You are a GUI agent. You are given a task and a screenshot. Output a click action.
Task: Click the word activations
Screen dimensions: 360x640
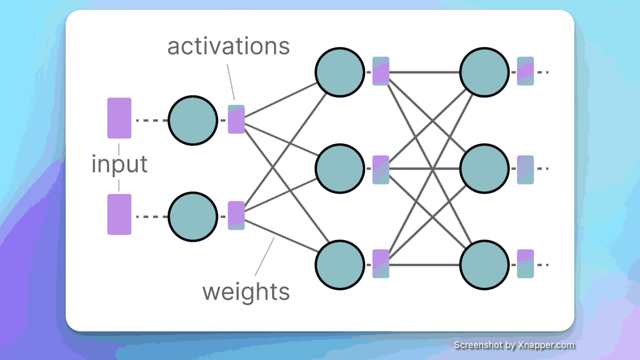pyautogui.click(x=228, y=46)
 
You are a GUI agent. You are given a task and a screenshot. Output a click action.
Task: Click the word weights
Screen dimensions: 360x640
pyautogui.click(x=246, y=292)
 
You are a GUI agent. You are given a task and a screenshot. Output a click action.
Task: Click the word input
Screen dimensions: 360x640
pyautogui.click(x=119, y=165)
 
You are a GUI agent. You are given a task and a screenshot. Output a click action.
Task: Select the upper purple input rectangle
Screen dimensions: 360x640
pyautogui.click(x=119, y=118)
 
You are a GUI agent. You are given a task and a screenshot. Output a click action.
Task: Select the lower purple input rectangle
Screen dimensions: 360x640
pyautogui.click(x=119, y=214)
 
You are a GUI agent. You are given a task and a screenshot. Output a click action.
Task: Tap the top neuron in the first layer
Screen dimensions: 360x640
pyautogui.click(x=193, y=120)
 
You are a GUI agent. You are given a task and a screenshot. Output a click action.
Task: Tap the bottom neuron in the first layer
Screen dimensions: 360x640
pyautogui.click(x=193, y=217)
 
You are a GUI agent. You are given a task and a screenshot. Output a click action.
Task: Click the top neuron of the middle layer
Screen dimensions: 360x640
pyautogui.click(x=340, y=72)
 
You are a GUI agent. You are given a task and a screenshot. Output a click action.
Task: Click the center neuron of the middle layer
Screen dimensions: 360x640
pyautogui.click(x=340, y=169)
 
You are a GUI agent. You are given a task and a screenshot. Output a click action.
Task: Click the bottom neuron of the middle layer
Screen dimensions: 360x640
pyautogui.click(x=340, y=265)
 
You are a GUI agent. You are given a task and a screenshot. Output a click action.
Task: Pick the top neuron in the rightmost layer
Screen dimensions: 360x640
pyautogui.click(x=484, y=72)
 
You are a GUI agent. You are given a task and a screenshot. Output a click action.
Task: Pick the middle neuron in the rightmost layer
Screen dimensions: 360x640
pyautogui.click(x=484, y=169)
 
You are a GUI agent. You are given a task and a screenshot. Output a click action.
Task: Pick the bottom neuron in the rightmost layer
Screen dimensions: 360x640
pyautogui.click(x=484, y=265)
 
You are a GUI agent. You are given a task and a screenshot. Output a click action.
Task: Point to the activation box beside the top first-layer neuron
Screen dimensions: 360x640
pyautogui.click(x=236, y=119)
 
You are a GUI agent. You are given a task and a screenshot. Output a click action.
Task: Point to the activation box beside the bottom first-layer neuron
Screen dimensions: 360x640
pyautogui.click(x=236, y=215)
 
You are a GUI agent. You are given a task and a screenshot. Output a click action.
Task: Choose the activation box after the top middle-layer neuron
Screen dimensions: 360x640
pyautogui.click(x=381, y=71)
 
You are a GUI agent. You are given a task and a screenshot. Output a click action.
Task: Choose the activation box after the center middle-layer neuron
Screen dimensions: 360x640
pyautogui.click(x=381, y=170)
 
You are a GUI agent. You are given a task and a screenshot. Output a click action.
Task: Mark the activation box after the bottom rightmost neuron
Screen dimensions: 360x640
pyautogui.click(x=525, y=264)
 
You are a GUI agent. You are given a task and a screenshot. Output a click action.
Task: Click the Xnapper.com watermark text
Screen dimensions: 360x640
pyautogui.click(x=514, y=345)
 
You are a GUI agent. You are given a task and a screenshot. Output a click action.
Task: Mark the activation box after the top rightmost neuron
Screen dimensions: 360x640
pyautogui.click(x=525, y=71)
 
